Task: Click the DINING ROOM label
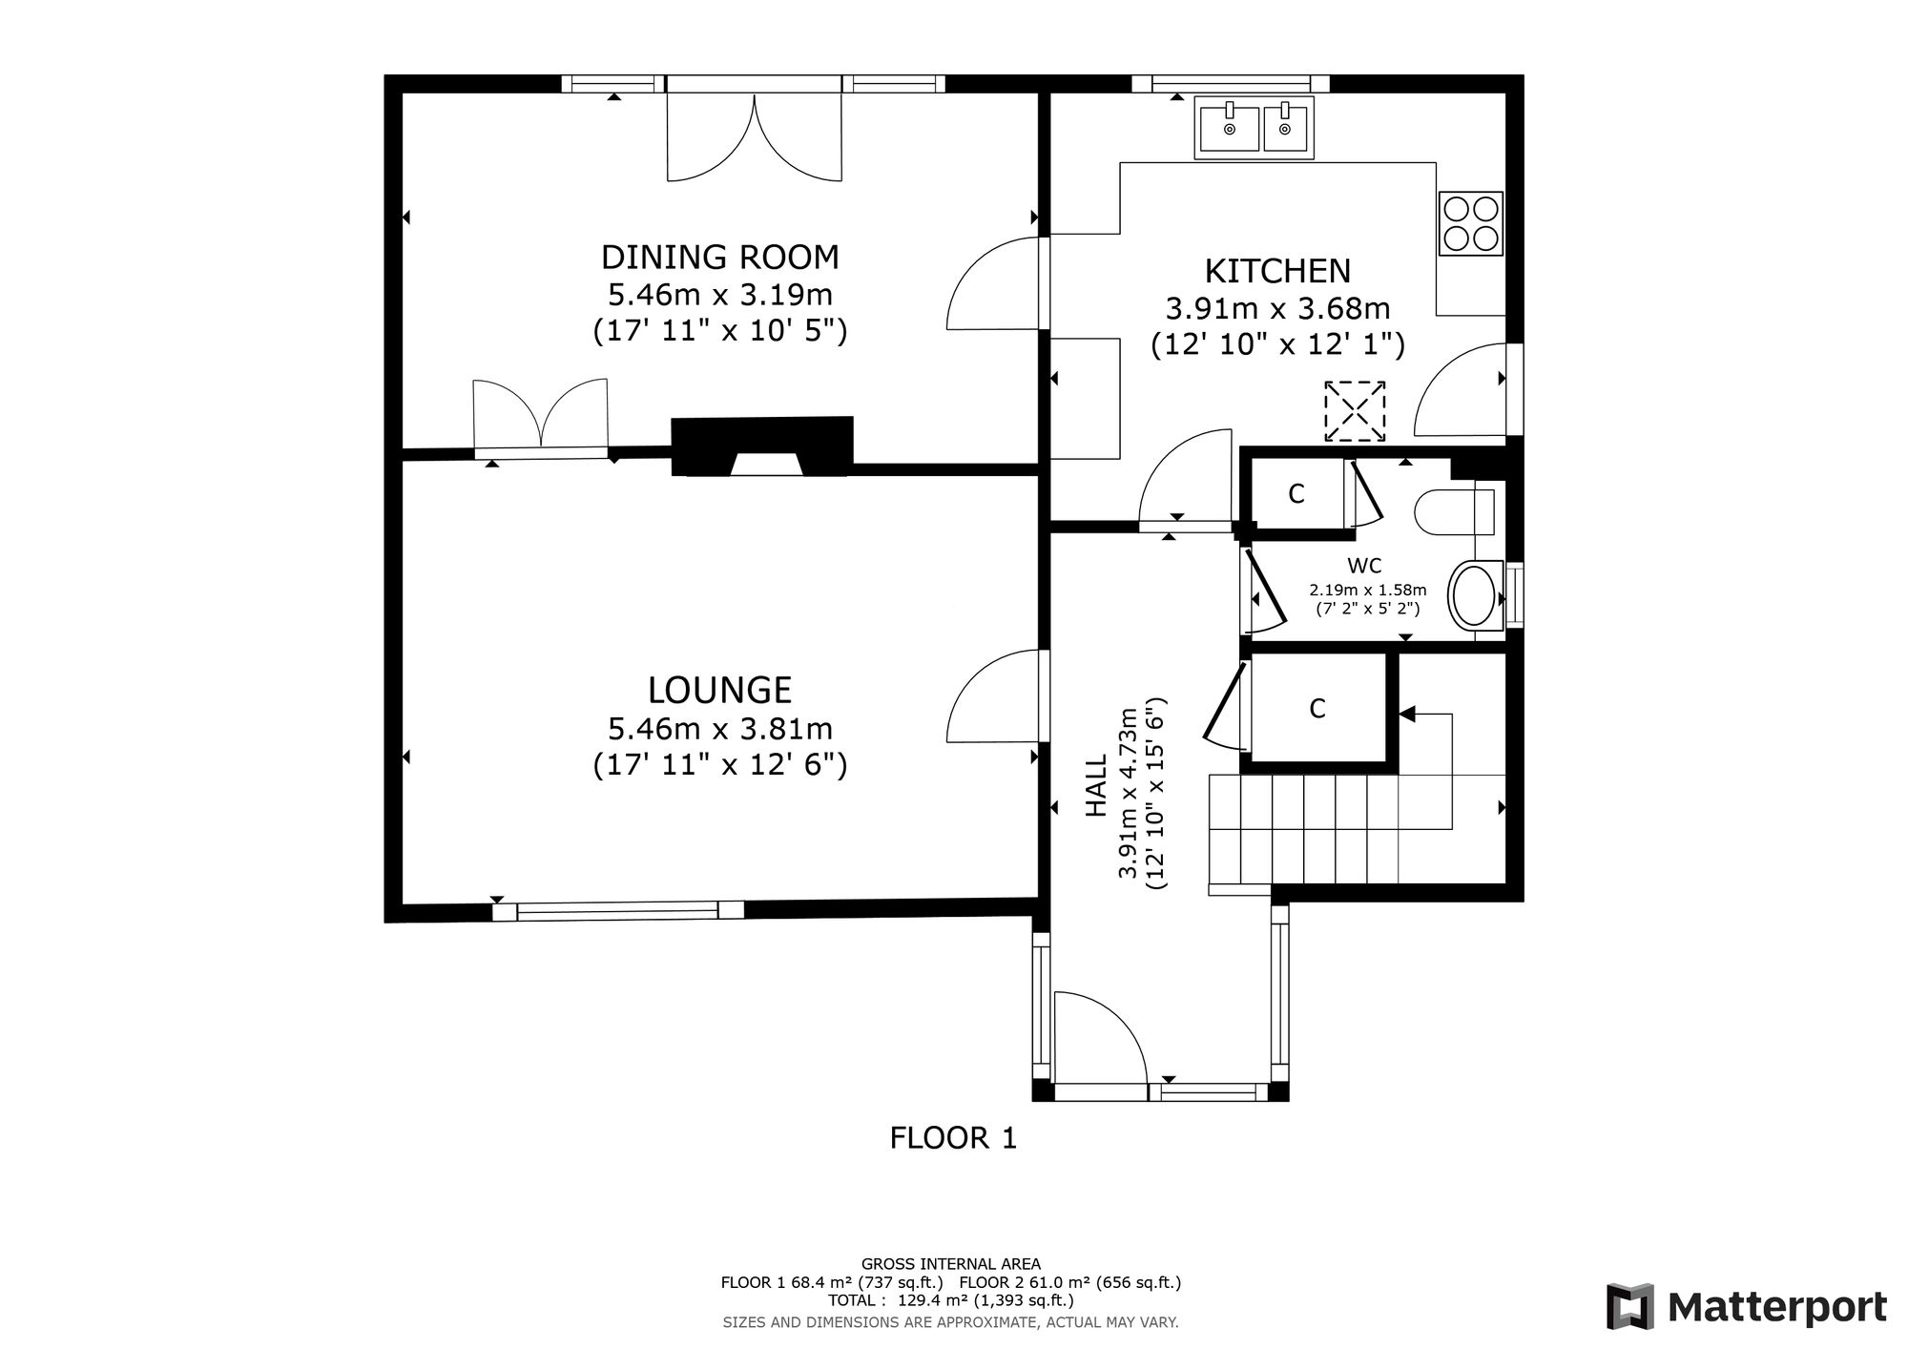[x=720, y=258]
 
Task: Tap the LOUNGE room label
[x=720, y=690]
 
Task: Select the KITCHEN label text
[x=1277, y=271]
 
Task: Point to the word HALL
[x=1097, y=785]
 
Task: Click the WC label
[x=1364, y=566]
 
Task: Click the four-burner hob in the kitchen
[x=1471, y=223]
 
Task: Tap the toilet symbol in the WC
[x=1454, y=512]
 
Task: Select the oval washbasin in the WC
[x=1474, y=596]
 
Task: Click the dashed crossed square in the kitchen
[x=1355, y=411]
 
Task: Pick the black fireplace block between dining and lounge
[x=762, y=446]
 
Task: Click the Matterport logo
[x=1747, y=1306]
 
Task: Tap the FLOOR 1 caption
[x=953, y=1138]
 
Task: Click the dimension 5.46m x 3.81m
[x=720, y=730]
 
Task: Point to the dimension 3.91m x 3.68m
[x=1277, y=309]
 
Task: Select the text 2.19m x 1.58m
[x=1367, y=591]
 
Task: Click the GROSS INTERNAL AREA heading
[x=951, y=1264]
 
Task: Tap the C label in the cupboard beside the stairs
[x=1317, y=709]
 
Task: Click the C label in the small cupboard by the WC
[x=1296, y=494]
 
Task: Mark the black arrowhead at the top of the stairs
[x=1407, y=713]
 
